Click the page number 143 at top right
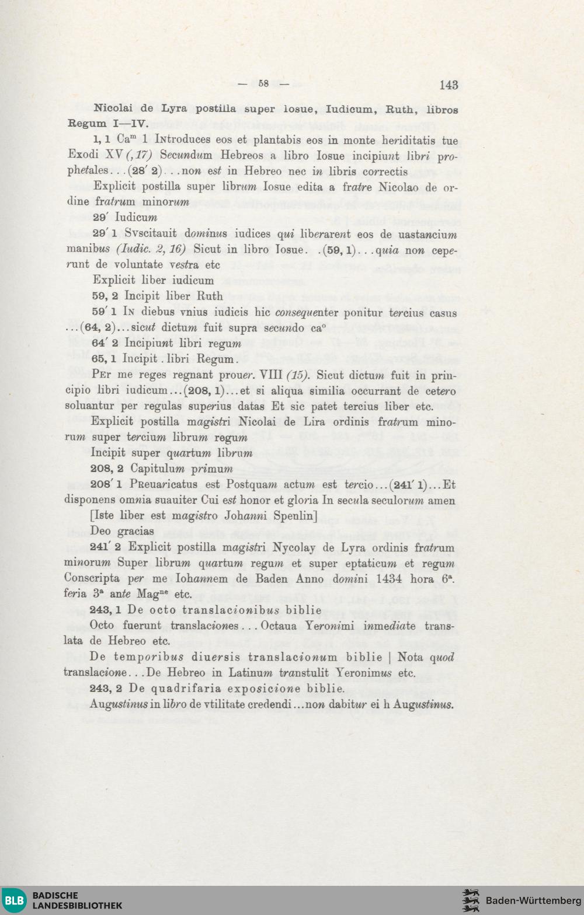(449, 85)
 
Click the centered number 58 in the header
(263, 83)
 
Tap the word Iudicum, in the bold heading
(349, 109)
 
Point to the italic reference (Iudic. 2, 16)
(151, 249)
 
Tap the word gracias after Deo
(135, 531)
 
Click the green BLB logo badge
(14, 900)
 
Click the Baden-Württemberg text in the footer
(533, 900)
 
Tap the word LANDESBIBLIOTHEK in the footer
(77, 906)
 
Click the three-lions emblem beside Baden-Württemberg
(471, 900)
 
